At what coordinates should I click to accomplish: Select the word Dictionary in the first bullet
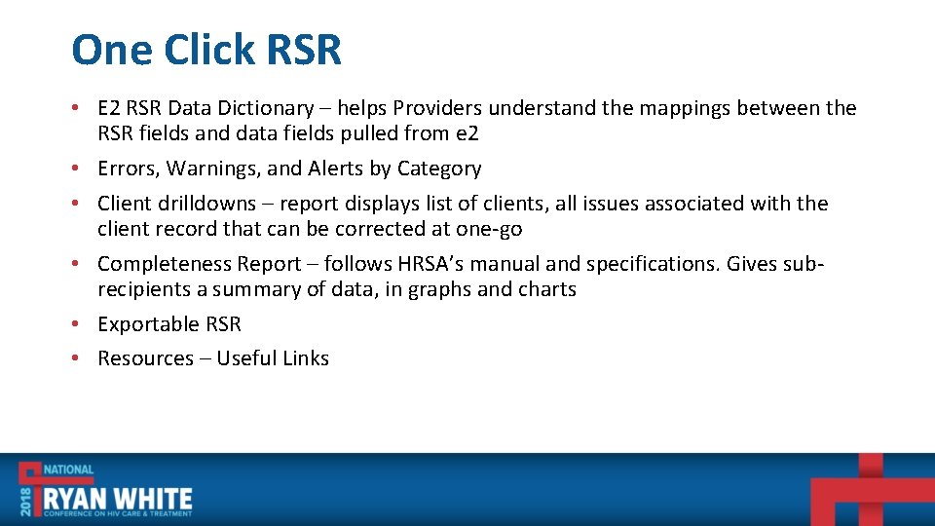coord(268,108)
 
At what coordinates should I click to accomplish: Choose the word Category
coord(438,169)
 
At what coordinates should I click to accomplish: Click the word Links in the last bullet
coord(305,358)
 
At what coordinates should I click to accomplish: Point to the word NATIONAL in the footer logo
coord(67,470)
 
